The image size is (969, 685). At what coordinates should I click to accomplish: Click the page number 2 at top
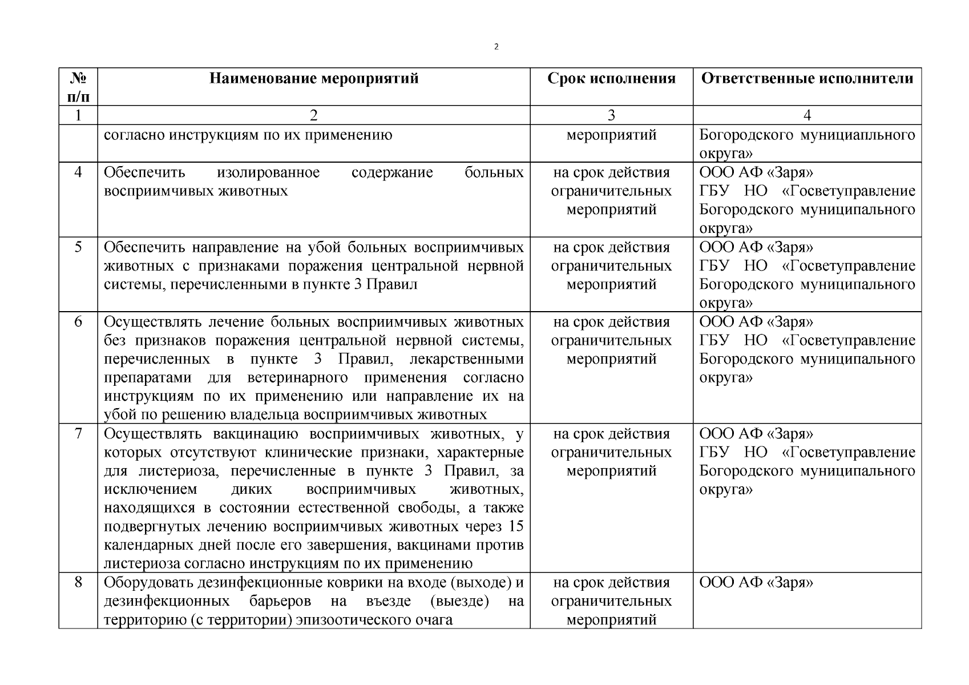pos(496,47)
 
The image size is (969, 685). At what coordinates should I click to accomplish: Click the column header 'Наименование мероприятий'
pos(314,78)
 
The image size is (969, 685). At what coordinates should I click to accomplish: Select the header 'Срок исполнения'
pos(611,78)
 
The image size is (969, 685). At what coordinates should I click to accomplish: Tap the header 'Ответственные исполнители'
pos(807,78)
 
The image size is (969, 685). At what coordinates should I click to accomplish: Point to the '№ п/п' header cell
pos(78,87)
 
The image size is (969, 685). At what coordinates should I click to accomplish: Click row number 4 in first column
pos(78,172)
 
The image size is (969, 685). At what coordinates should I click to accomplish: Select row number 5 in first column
pos(78,247)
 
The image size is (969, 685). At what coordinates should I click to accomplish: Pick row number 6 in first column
pos(78,321)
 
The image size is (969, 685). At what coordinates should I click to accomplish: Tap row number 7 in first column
pos(78,433)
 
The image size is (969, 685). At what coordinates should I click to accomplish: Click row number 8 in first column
pos(78,582)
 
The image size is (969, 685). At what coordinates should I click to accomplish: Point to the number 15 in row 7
pos(515,526)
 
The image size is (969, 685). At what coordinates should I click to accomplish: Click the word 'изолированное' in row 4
pos(268,172)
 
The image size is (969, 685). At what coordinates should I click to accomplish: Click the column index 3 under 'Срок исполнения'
pos(611,115)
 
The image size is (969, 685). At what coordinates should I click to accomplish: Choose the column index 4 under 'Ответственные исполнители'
pos(807,115)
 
